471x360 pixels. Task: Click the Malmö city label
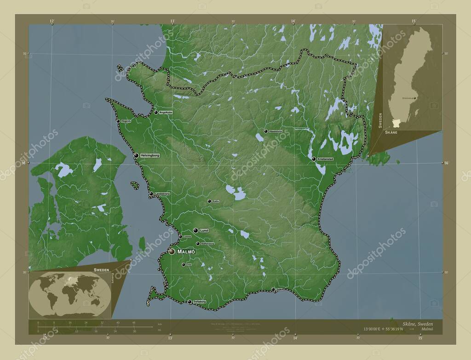(186, 252)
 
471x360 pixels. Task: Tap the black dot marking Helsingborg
(136, 156)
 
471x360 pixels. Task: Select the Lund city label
(205, 230)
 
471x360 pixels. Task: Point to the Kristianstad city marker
(314, 159)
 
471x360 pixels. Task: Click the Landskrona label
(162, 194)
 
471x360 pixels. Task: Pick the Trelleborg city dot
(190, 302)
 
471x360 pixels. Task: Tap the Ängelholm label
(166, 112)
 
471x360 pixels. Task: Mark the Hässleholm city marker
(266, 131)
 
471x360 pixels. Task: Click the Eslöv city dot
(209, 201)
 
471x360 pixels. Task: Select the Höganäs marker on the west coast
(118, 121)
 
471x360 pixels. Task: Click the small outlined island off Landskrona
(135, 185)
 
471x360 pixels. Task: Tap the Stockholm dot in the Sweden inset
(414, 98)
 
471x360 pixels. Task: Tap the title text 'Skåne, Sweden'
(417, 324)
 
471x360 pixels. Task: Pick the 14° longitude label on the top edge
(293, 21)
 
